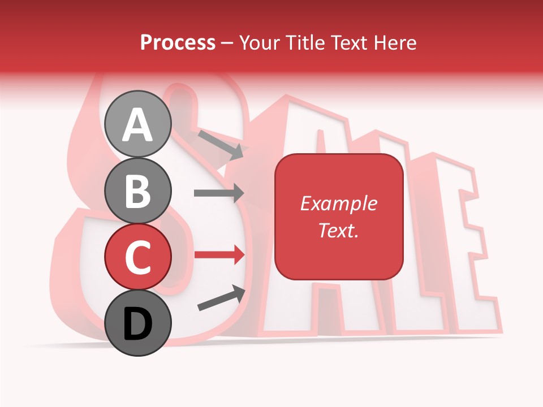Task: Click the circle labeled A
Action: coord(138,124)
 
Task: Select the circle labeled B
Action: coord(138,190)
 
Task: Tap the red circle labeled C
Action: coord(138,257)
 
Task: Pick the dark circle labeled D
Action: coord(138,323)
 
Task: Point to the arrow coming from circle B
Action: coord(219,193)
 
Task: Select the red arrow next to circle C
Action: coord(219,255)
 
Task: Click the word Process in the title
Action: coord(178,42)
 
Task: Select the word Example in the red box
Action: coord(339,203)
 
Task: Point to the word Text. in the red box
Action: coord(339,230)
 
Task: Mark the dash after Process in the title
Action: coord(227,43)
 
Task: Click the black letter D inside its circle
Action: coord(138,324)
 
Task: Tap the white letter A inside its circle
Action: coord(138,125)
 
